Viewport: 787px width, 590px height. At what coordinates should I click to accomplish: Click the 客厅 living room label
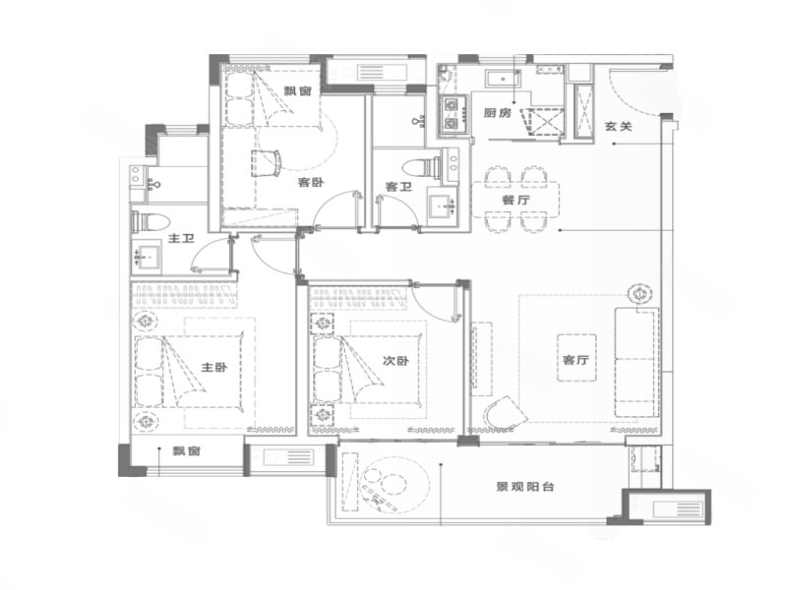click(x=575, y=361)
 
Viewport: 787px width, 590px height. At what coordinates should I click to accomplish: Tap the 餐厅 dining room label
click(x=515, y=200)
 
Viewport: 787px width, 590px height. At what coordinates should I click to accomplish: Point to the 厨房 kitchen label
click(x=497, y=113)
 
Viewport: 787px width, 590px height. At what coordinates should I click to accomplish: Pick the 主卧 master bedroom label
click(x=213, y=367)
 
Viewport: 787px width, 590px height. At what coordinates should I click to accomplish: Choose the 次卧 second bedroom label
click(x=395, y=361)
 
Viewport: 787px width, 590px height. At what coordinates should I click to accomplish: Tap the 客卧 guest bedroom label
click(x=311, y=182)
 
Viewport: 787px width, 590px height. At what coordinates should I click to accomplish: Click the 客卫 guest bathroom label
click(x=397, y=187)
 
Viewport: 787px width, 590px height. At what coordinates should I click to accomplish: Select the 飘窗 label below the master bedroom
click(x=187, y=451)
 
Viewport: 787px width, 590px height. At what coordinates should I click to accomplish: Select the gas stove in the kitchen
click(x=453, y=114)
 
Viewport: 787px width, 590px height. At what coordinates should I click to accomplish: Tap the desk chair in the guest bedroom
click(x=267, y=162)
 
